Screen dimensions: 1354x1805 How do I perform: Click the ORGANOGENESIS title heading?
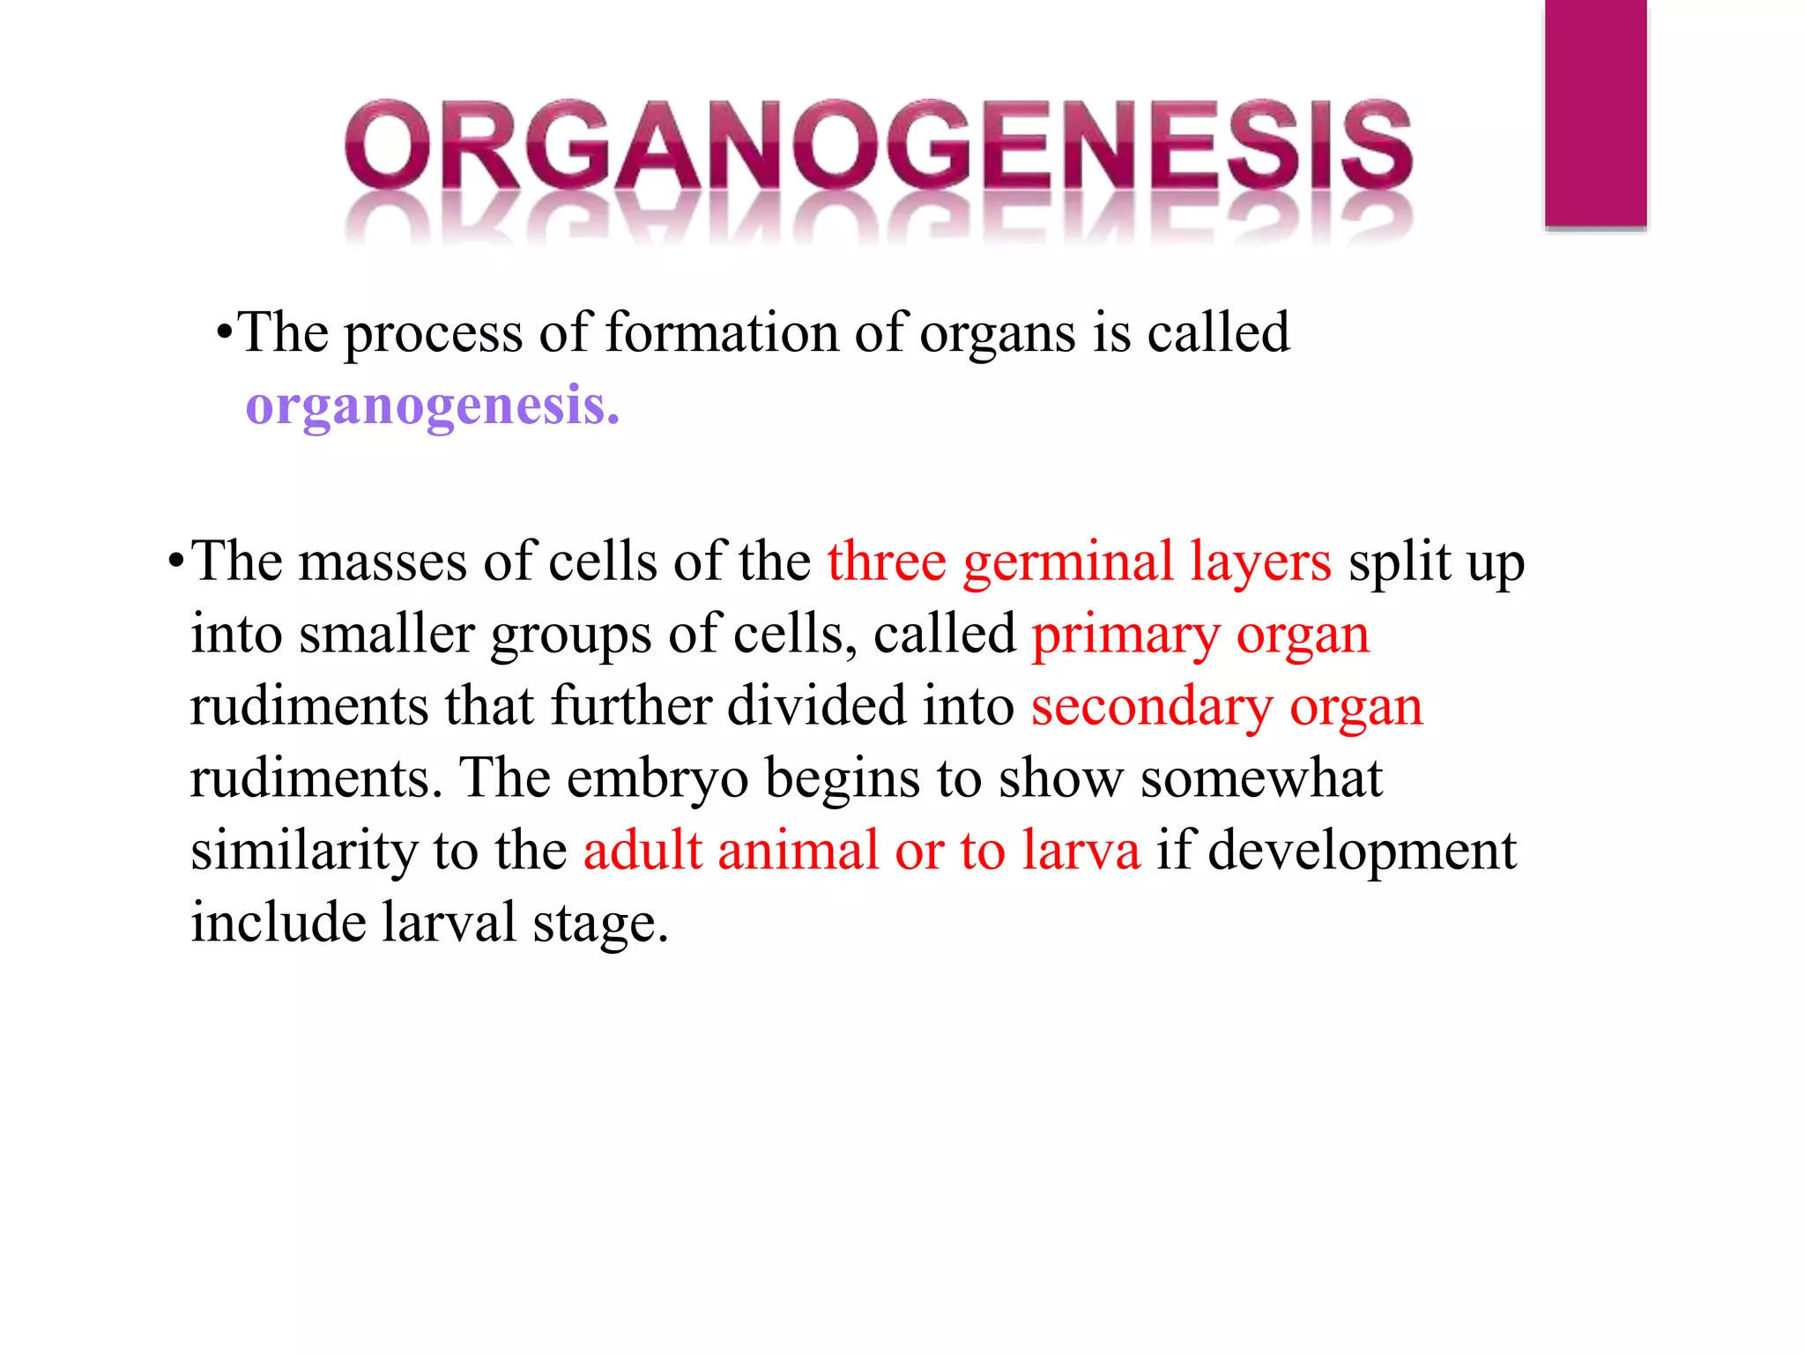[879, 145]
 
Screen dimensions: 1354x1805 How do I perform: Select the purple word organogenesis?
[432, 407]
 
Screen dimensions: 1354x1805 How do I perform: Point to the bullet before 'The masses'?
[176, 562]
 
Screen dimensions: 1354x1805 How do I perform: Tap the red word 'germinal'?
[1067, 562]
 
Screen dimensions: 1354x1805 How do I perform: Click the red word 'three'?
[886, 562]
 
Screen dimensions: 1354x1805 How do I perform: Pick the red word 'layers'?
[1260, 562]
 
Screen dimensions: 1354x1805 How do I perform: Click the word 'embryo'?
[657, 779]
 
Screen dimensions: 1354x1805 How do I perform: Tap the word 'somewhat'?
[1261, 779]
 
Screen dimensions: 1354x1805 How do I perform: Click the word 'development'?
[1362, 852]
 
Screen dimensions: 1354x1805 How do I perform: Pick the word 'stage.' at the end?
[600, 924]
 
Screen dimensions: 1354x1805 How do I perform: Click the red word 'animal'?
[798, 852]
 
